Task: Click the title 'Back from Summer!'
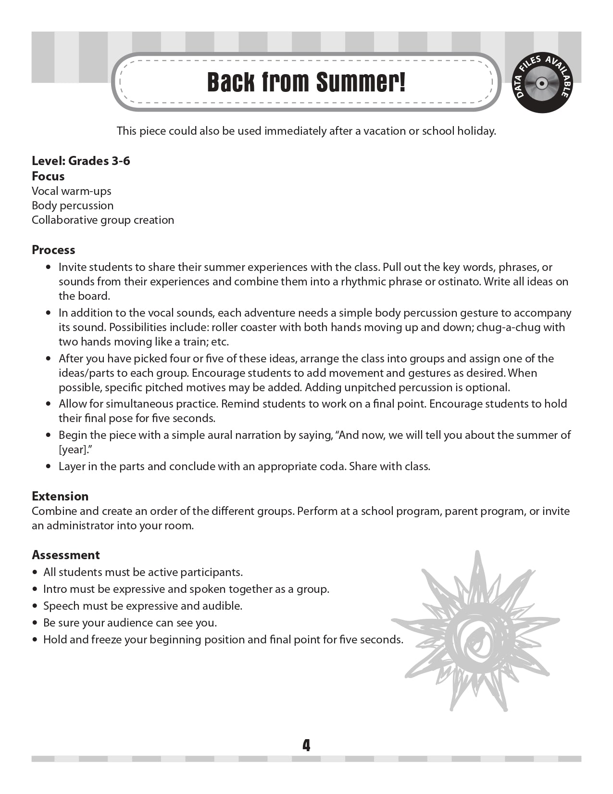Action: (x=306, y=82)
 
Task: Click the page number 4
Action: (x=306, y=745)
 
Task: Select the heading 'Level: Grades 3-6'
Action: (x=81, y=161)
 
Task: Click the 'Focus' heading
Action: (x=48, y=176)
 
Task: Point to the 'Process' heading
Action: (x=53, y=250)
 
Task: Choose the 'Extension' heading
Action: (x=60, y=496)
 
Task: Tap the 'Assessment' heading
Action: (x=65, y=555)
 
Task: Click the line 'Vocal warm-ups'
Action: (x=71, y=191)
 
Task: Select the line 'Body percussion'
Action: (x=73, y=205)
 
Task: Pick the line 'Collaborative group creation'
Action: (x=103, y=220)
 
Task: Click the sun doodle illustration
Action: (x=476, y=631)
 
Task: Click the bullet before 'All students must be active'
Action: (x=35, y=573)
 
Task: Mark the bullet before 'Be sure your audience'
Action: (x=35, y=623)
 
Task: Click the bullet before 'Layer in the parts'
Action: (x=48, y=466)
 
